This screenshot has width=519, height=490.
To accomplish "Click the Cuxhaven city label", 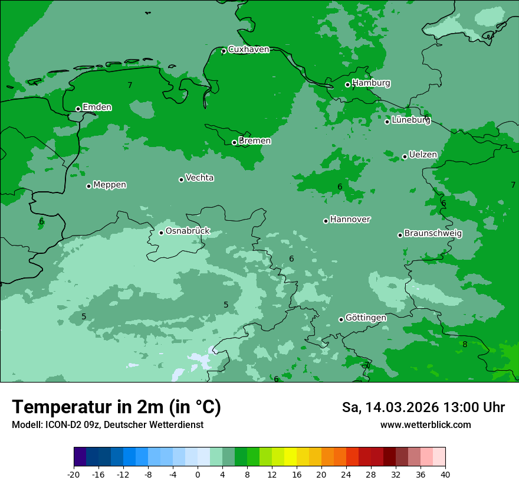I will pos(248,50).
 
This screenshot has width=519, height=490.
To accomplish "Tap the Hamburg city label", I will pos(371,83).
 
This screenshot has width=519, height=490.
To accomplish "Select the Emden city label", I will pos(97,107).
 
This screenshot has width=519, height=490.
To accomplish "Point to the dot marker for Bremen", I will pos(234,142).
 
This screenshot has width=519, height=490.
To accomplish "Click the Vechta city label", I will pos(199,178).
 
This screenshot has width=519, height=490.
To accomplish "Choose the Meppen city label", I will pos(110,185).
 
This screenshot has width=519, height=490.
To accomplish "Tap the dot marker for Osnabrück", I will pos(161,233).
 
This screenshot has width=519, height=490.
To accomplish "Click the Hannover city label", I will pos(350,220).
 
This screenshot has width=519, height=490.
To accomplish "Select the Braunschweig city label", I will pos(433,234).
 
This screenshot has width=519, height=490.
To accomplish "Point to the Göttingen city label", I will pos(366,318).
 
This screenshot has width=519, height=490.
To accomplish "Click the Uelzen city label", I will pos(423,155).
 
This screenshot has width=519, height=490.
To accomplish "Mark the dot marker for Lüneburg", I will pos(387,122).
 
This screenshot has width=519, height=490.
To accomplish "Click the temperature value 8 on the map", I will pos(465,345).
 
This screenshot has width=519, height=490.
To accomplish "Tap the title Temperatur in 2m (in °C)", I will pos(116,407).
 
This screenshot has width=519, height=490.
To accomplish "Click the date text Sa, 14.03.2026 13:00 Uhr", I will pos(423,407).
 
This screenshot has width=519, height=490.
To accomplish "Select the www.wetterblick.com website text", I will pos(425,425).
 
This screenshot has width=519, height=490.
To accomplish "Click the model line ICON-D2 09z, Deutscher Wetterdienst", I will pos(107,425).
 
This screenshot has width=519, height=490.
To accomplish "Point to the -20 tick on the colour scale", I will pos(74,475).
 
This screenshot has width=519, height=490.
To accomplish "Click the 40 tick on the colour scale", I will pos(445,475).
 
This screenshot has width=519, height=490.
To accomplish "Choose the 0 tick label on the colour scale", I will pos(198,475).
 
